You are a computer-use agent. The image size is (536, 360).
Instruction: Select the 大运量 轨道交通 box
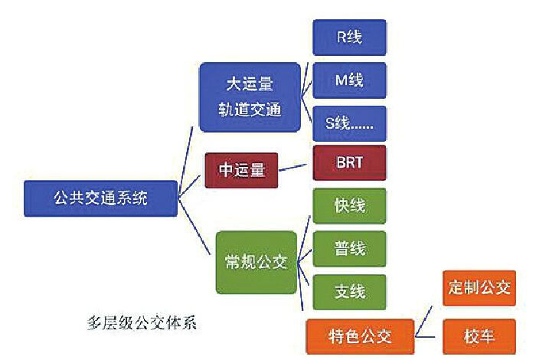click(x=249, y=97)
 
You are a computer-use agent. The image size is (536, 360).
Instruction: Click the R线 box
click(x=349, y=38)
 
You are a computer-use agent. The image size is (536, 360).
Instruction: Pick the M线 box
click(x=349, y=80)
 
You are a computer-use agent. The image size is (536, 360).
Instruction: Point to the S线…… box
click(x=349, y=123)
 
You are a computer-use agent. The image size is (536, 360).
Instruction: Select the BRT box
click(x=349, y=163)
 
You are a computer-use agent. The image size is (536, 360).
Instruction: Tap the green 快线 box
click(x=349, y=206)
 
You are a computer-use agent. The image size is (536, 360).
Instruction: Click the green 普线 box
click(x=349, y=249)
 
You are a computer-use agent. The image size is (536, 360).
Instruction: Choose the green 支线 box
click(x=349, y=292)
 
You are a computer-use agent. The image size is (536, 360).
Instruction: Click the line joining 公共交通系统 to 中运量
click(x=191, y=185)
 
